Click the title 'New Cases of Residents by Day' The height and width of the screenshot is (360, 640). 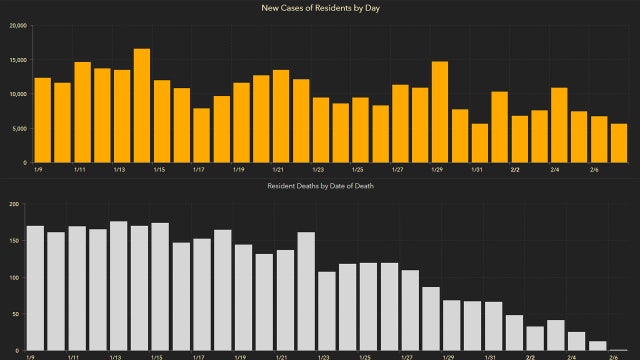click(320, 8)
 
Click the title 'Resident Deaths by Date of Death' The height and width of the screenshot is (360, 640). click(320, 187)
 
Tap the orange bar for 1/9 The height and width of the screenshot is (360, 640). click(42, 120)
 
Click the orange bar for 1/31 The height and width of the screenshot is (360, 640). click(479, 143)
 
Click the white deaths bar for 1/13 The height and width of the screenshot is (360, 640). click(118, 285)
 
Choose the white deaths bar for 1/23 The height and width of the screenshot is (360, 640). click(326, 311)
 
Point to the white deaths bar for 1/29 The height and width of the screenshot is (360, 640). click(452, 325)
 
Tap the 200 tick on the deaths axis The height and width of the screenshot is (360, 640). click(14, 204)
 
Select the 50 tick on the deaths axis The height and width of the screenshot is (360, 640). click(16, 314)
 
